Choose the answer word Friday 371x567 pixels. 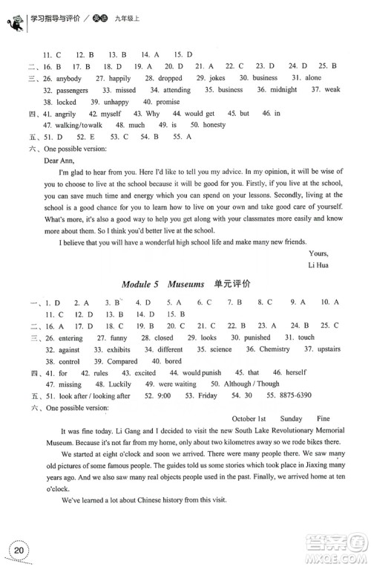215,375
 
